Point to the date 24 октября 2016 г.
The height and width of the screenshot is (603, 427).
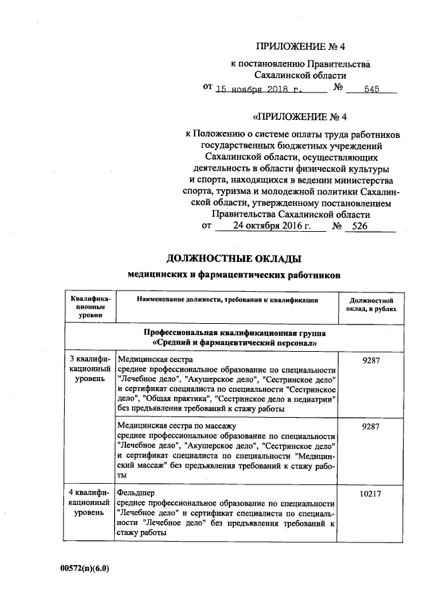(272, 226)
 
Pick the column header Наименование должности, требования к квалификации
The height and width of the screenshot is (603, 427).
(227, 301)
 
